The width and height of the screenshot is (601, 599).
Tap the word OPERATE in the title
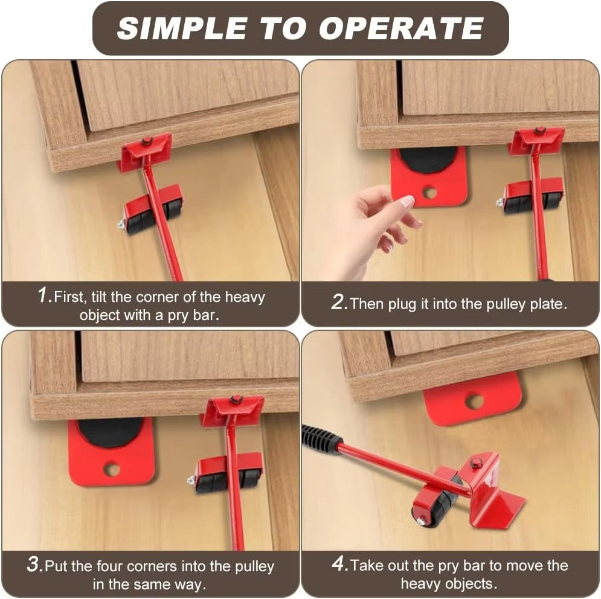(401, 28)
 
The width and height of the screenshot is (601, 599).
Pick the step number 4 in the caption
(340, 564)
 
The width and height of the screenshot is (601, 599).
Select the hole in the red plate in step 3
(112, 469)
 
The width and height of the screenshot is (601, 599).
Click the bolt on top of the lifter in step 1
(146, 141)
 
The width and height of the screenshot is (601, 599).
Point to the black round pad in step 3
(111, 432)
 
